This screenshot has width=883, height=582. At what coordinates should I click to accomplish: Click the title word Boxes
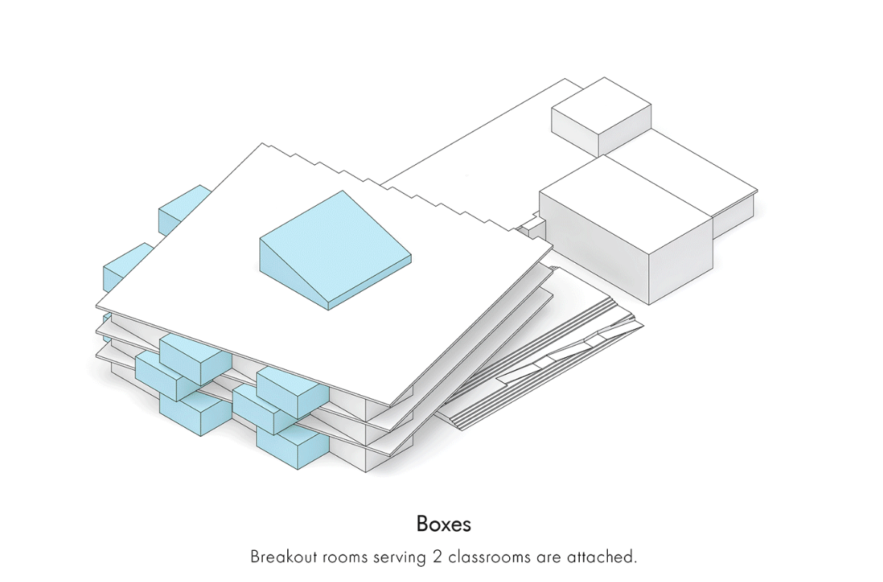(x=444, y=524)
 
